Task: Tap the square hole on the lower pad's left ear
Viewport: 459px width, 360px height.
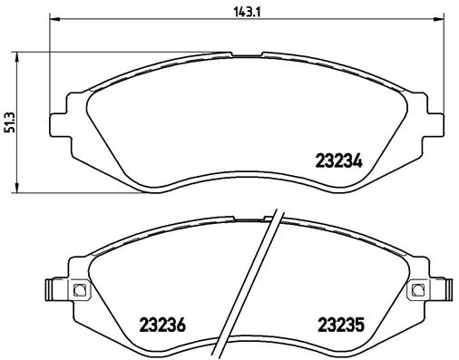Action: [x=78, y=290]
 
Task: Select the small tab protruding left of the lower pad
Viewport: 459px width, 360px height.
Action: [x=52, y=290]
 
